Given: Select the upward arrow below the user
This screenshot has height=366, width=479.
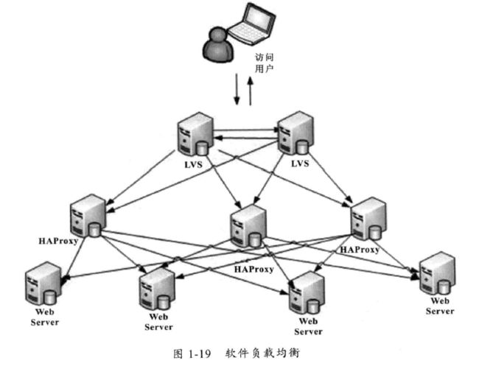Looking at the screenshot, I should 251,91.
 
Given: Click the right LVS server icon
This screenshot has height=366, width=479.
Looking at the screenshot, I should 293,133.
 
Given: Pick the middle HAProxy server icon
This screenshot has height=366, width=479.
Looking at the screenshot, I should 246,225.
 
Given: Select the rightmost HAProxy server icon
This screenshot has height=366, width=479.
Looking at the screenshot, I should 367,220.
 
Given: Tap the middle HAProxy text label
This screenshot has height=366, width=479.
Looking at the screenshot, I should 254,269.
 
